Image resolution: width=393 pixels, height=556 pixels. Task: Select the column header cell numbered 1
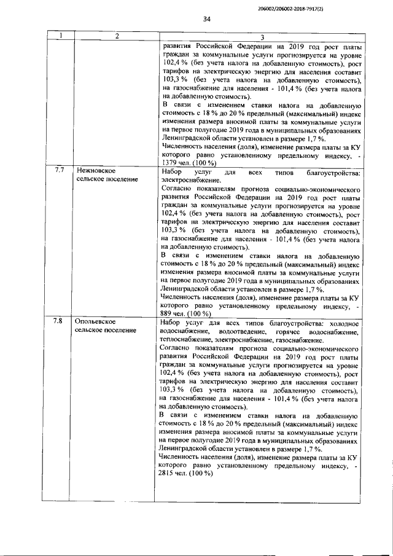(61, 37)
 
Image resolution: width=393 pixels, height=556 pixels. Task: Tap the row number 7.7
(60, 170)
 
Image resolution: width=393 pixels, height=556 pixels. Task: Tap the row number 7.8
(60, 321)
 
